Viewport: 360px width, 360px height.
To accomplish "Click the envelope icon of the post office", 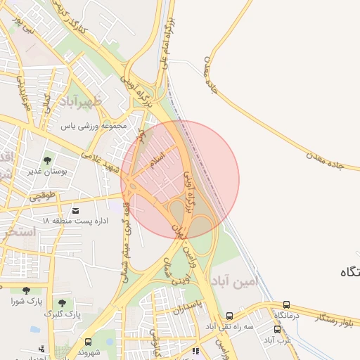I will click(x=75, y=210).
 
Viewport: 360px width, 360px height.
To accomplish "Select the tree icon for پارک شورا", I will click(x=26, y=290).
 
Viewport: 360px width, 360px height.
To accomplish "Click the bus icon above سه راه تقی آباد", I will click(x=229, y=316).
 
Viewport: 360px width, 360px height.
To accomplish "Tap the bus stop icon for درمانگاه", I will click(x=286, y=304).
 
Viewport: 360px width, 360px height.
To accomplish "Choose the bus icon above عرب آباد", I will click(x=277, y=329).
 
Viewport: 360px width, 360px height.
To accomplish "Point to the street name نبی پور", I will click(x=27, y=31).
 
